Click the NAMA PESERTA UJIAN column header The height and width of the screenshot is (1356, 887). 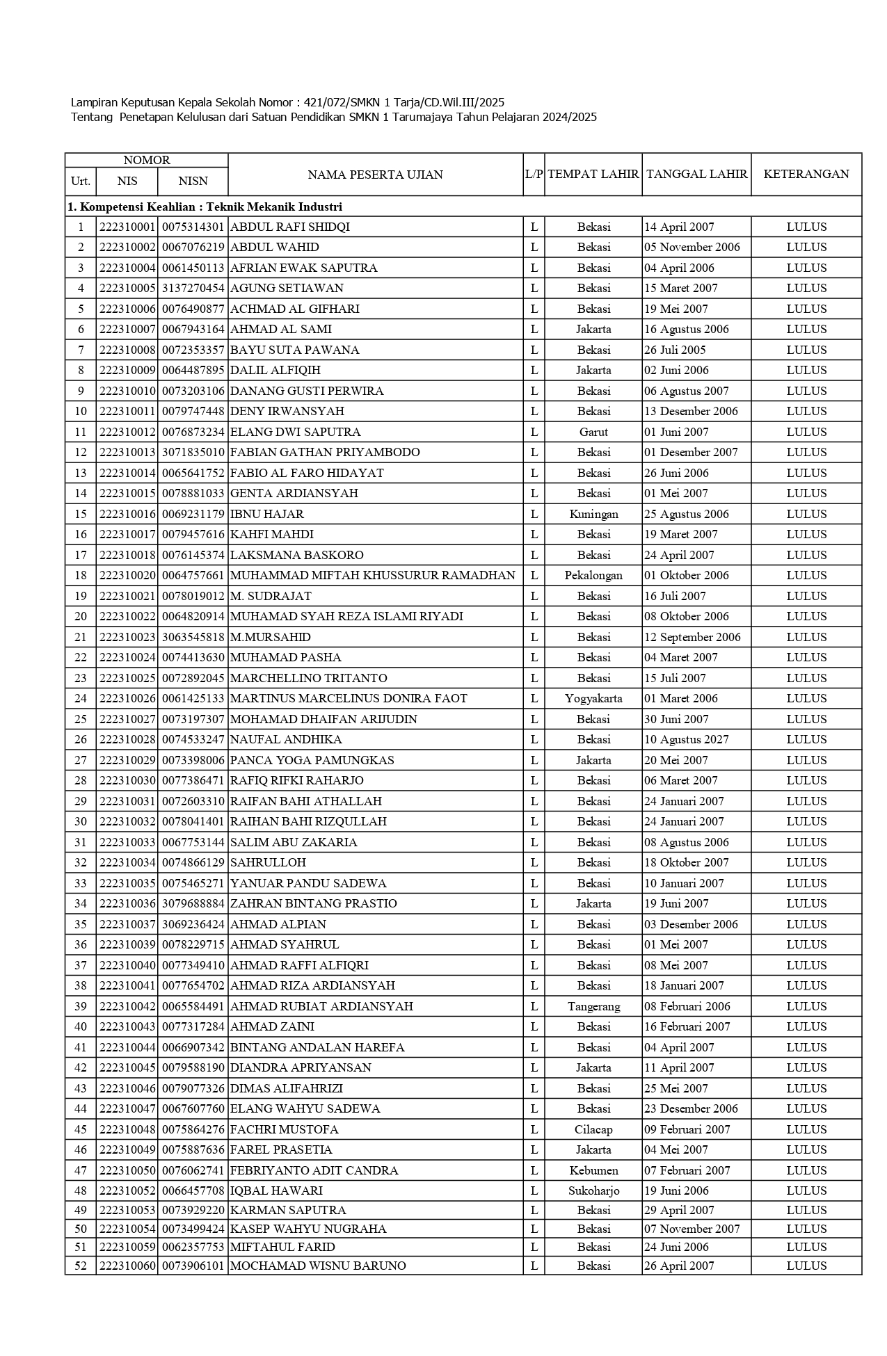tap(375, 175)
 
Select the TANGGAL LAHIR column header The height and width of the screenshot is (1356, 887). tap(696, 175)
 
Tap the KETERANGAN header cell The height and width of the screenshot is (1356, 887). tap(806, 175)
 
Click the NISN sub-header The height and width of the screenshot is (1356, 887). tap(193, 181)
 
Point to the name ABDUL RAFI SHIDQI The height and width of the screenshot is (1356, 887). tap(290, 227)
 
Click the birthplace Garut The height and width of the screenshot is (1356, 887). tap(593, 432)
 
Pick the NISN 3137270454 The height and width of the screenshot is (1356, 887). tap(193, 288)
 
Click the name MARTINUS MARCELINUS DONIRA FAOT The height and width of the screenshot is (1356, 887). tap(349, 698)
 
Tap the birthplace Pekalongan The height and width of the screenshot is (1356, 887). tap(593, 575)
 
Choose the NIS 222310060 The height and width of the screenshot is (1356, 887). tap(127, 1266)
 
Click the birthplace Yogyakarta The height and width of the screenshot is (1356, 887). tap(593, 698)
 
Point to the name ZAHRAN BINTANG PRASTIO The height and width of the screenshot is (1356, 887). tap(313, 903)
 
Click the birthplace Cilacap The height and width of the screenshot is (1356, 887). tap(593, 1129)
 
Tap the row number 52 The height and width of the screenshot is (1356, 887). tap(81, 1266)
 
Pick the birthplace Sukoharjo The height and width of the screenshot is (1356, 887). tap(593, 1190)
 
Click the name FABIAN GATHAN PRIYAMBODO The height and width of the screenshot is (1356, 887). tap(325, 452)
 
